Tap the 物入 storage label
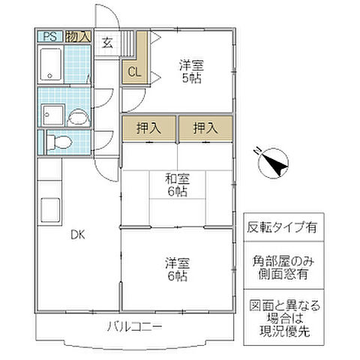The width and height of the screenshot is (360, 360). [x=78, y=36]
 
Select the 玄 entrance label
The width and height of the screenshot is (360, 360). [x=107, y=43]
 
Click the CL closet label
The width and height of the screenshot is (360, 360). [x=133, y=72]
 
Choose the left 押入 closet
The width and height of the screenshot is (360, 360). [x=148, y=127]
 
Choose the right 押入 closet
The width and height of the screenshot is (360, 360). [x=205, y=127]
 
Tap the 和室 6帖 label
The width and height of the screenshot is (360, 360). [x=178, y=185]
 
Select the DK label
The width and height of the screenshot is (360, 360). [x=78, y=235]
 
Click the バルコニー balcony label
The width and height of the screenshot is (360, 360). [x=134, y=326]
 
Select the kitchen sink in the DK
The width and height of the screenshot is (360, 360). [x=51, y=209]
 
